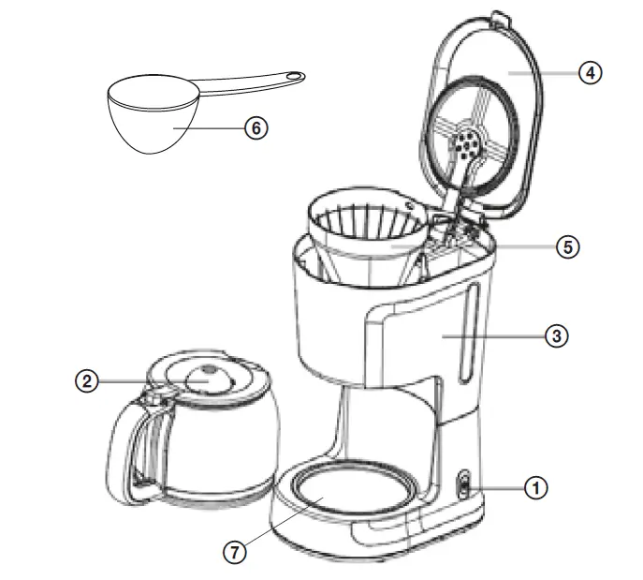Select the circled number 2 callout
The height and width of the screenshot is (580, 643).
point(86,380)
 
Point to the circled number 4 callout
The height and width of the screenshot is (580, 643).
point(590,72)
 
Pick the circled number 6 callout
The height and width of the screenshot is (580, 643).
point(255,128)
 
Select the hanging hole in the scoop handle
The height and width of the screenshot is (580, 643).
point(295,76)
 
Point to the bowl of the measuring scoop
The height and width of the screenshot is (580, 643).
point(150,122)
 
